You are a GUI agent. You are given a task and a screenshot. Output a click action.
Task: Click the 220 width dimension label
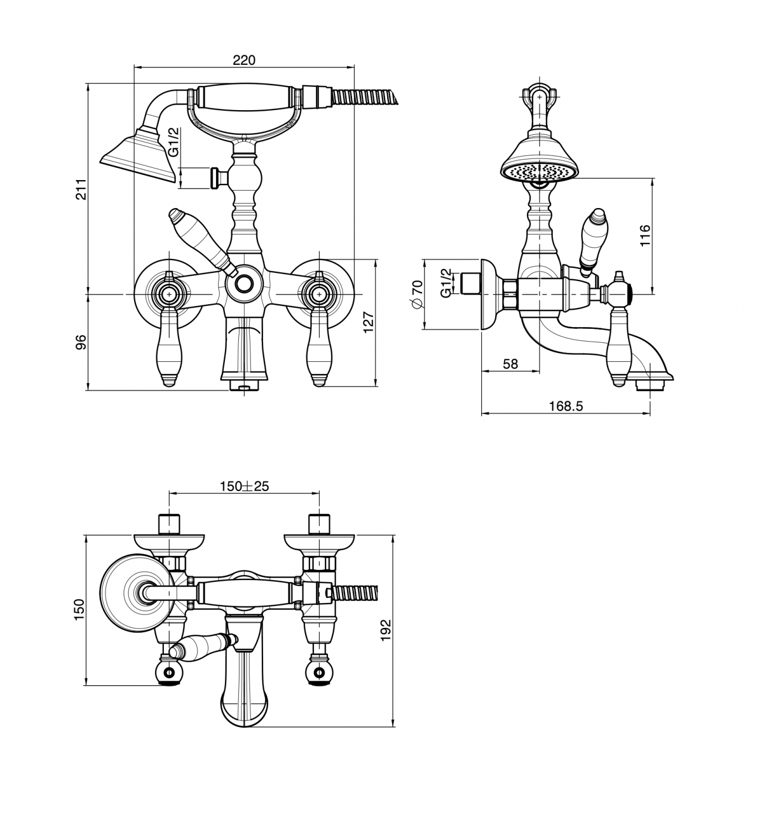pos(244,60)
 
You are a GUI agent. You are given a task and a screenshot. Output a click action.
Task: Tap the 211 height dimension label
pos(81,189)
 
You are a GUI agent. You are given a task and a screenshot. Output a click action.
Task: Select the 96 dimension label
pos(81,342)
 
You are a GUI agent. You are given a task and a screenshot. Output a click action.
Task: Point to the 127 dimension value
pos(369,322)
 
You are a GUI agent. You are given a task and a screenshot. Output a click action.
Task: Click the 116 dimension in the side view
pos(645,235)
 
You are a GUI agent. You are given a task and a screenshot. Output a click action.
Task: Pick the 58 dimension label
pos(510,364)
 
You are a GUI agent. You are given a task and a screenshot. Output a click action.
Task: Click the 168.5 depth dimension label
pos(566,406)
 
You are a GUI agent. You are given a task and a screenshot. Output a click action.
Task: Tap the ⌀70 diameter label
pos(417,294)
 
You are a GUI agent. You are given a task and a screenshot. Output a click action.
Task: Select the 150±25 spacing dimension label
pos(244,486)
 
